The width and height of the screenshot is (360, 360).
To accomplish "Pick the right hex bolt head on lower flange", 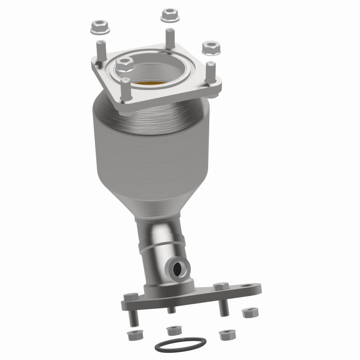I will tap(220, 286).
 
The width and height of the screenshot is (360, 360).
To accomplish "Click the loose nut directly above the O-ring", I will tap(173, 331).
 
